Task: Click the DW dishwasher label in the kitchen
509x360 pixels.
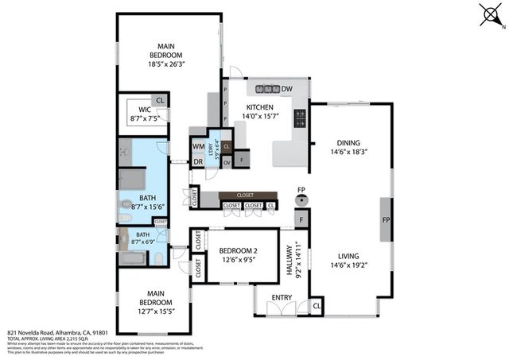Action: click(x=287, y=88)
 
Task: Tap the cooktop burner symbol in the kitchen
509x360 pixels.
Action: click(x=301, y=119)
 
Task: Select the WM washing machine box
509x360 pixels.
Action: click(x=198, y=146)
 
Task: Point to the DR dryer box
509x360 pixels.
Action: click(x=198, y=161)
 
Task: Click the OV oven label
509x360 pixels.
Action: click(x=227, y=161)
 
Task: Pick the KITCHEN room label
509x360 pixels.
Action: click(x=259, y=107)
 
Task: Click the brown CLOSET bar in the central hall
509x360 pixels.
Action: click(x=247, y=194)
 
